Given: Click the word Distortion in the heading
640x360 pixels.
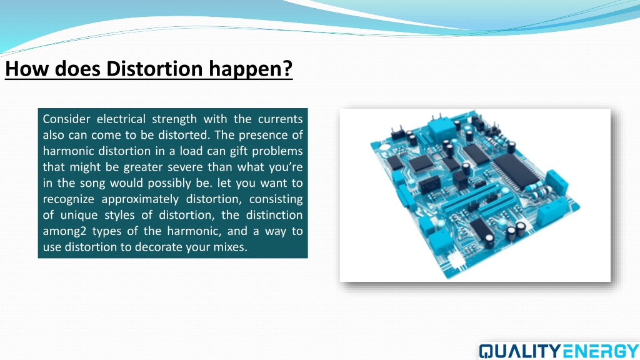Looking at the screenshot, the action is pos(154,68).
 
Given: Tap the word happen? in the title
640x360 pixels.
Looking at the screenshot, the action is pos(251,69).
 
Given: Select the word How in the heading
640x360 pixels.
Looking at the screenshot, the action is pos(27,68).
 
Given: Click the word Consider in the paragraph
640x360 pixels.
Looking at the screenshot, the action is pos(66,119).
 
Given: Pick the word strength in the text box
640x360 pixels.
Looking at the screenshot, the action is pos(174,119).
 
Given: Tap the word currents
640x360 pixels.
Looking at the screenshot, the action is pos(280,119).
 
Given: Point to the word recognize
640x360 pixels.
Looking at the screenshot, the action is pos(69,199).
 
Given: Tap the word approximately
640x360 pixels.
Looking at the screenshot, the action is pos(140,199).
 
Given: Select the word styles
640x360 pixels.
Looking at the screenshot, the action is pos(119,216).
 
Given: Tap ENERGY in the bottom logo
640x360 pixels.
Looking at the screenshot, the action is pos(600,351).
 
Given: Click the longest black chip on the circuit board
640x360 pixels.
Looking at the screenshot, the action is pos(515,171).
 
